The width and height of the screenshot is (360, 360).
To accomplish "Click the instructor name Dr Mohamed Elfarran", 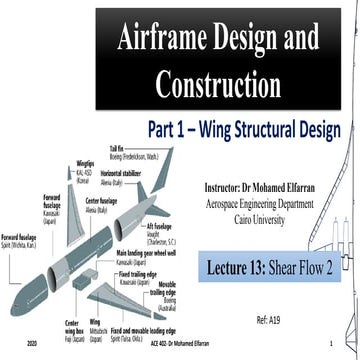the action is click(289, 187).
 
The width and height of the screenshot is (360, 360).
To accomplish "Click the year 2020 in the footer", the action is click(32, 342).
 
